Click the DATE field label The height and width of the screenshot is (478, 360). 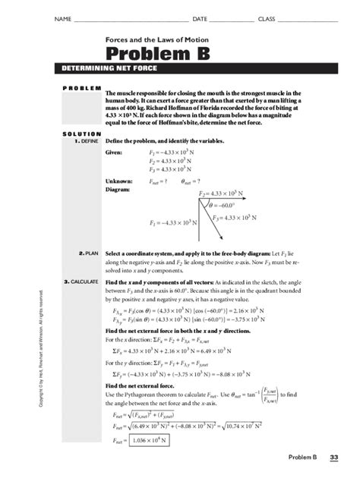point(200,18)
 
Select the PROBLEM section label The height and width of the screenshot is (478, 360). point(79,89)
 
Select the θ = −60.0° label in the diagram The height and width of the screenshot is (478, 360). point(227,205)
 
